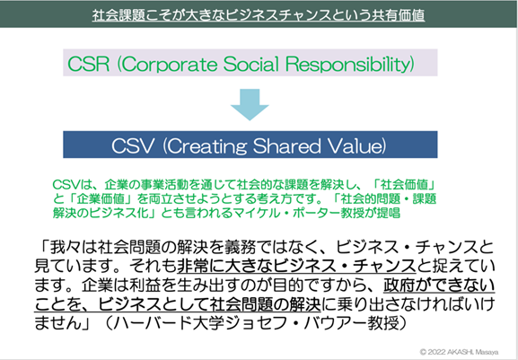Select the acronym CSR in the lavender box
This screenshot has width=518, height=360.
[88, 64]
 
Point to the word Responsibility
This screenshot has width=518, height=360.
[347, 64]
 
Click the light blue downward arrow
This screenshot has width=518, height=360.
[250, 104]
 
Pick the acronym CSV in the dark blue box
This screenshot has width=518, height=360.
[133, 145]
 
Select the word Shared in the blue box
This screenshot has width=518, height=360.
[286, 145]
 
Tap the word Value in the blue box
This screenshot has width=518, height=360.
[353, 145]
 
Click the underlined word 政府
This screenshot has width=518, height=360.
[399, 285]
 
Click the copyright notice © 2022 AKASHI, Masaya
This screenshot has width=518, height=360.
[459, 352]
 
